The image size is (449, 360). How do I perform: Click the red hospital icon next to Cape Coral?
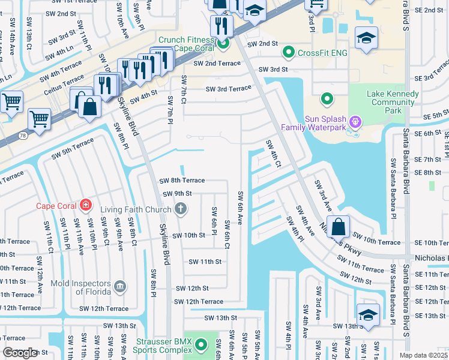86,206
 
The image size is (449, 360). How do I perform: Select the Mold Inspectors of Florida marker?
120,287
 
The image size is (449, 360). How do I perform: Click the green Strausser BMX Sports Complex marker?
202,345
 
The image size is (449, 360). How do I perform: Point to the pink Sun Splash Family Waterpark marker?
355,122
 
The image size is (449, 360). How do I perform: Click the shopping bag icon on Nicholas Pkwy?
339,227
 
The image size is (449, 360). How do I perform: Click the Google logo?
20,353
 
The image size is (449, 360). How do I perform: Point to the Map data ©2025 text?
423,355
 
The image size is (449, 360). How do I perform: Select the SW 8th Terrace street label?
182,180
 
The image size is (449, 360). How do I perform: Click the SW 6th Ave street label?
240,208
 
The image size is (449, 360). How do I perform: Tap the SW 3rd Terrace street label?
228,89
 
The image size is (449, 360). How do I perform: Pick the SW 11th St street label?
205,262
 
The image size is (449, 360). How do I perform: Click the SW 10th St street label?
189,235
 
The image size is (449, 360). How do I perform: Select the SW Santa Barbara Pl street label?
393,175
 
